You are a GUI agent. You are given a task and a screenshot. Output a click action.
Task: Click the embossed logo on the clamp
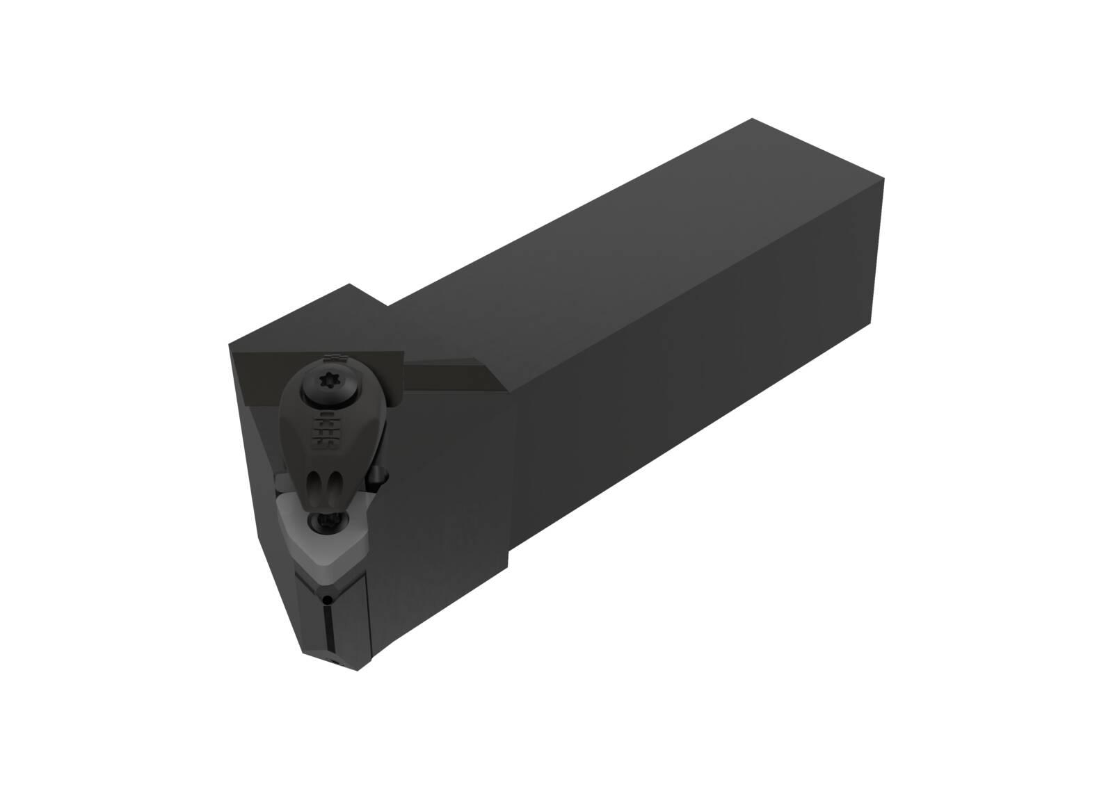click(x=321, y=432)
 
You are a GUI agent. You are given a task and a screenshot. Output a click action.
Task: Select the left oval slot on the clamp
click(x=314, y=484)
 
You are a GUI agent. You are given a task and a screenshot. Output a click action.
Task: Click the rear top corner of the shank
click(x=754, y=120)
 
